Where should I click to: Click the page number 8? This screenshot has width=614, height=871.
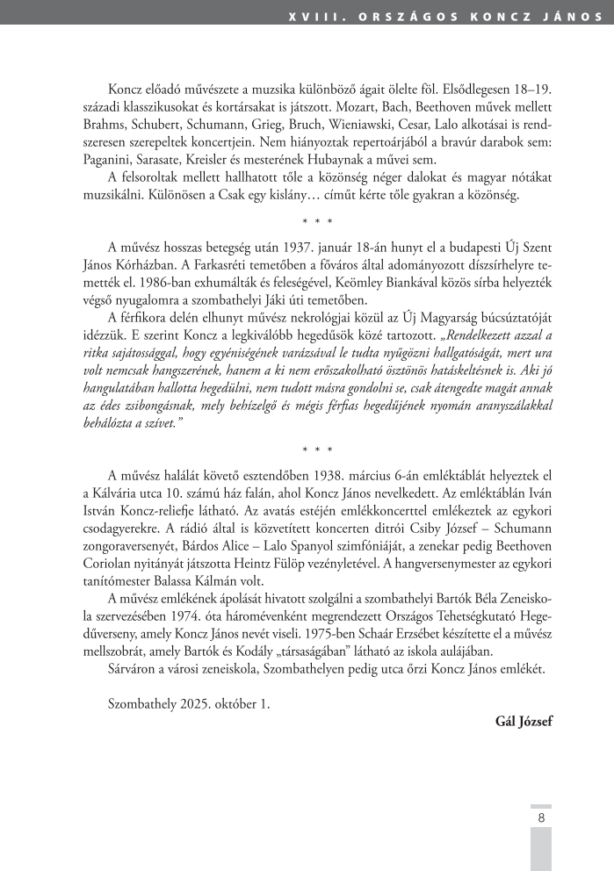[x=541, y=817]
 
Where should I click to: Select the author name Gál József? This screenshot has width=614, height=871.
[x=524, y=722]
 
